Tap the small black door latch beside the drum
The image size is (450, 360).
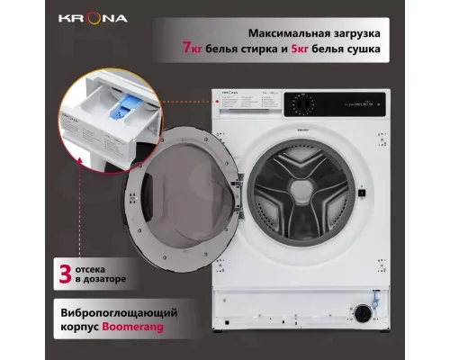(360, 193)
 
